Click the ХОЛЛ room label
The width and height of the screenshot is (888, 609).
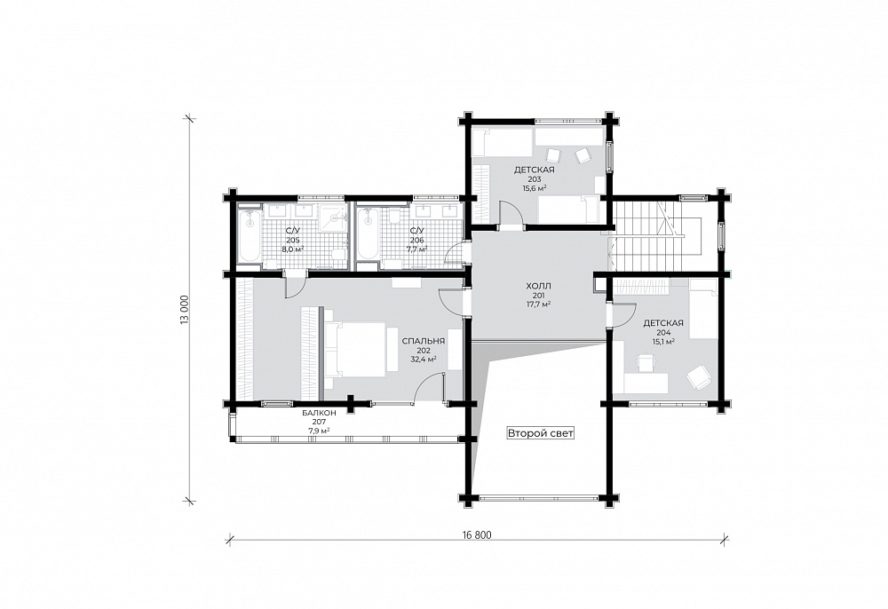[538, 286]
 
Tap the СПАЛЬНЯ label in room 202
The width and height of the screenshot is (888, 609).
[423, 341]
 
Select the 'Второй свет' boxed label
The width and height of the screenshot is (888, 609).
[540, 433]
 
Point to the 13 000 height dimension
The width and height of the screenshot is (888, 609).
[184, 310]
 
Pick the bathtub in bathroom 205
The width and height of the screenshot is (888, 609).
[250, 236]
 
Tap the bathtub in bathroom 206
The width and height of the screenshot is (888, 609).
[369, 235]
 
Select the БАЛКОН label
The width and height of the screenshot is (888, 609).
[320, 413]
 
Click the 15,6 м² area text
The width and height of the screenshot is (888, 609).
[534, 188]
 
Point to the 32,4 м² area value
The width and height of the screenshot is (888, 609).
[423, 359]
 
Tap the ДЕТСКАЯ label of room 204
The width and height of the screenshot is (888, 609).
[663, 323]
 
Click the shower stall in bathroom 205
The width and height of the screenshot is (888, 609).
[332, 217]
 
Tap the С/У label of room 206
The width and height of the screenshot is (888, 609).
[416, 230]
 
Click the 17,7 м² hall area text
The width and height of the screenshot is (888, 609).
[539, 304]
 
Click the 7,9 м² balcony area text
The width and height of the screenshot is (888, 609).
[320, 431]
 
